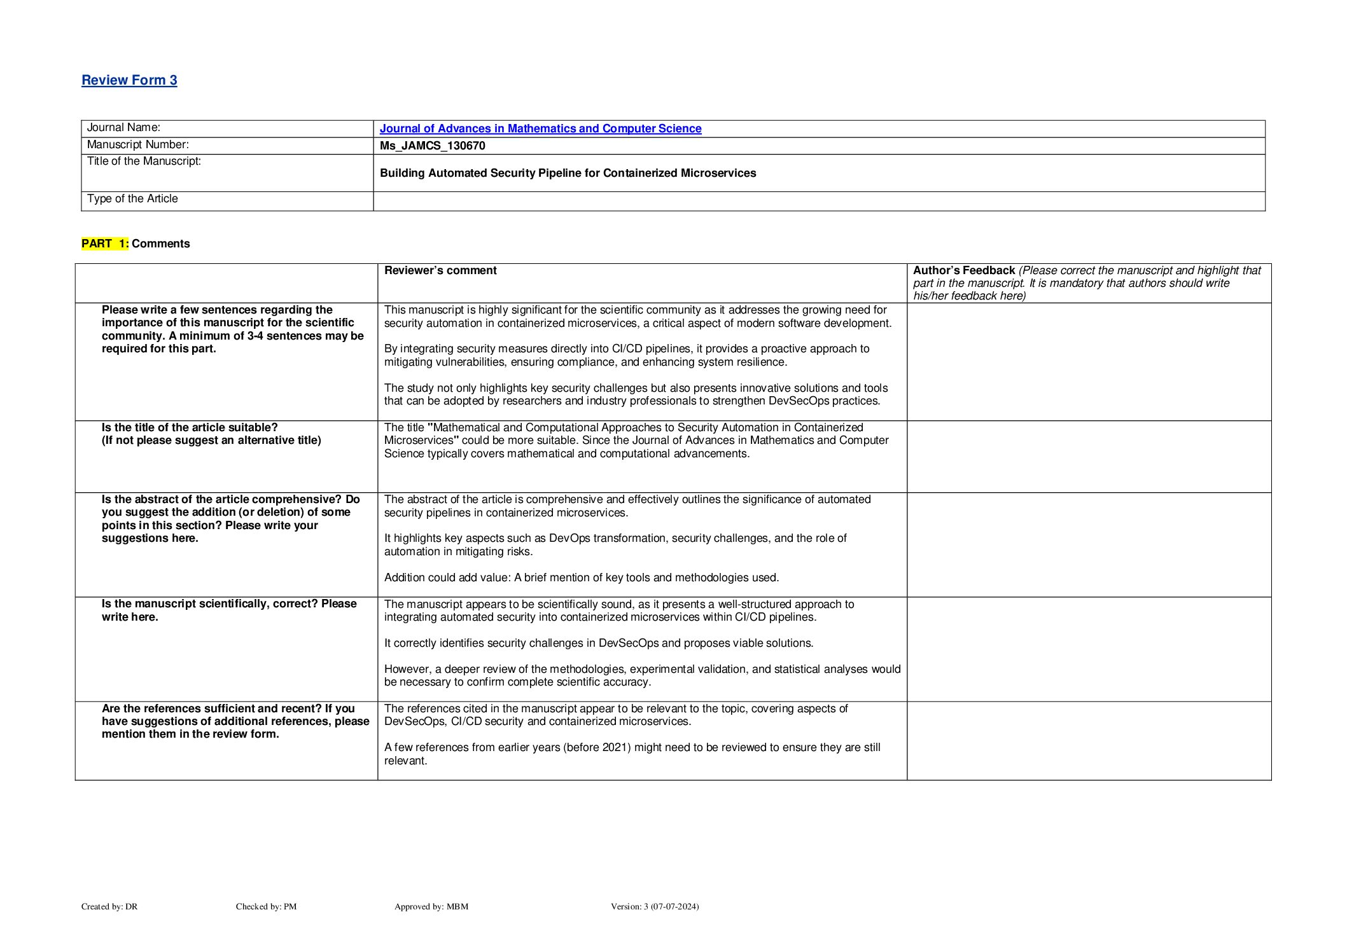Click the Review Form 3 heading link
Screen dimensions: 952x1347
click(129, 80)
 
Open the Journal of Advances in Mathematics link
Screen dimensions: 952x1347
click(540, 128)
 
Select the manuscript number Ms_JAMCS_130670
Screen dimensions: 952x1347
click(432, 146)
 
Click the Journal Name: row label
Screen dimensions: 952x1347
click(123, 128)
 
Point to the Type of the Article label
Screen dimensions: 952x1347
click(132, 198)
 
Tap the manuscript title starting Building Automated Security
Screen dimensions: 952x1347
click(568, 173)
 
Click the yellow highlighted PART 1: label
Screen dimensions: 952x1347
click(105, 244)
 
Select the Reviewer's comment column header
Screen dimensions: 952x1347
click(440, 270)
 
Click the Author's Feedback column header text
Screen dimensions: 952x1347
click(963, 271)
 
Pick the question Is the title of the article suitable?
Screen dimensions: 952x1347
click(190, 427)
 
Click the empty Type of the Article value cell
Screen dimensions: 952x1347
click(818, 201)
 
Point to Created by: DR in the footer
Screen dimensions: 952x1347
click(109, 906)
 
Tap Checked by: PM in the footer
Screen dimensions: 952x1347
click(266, 906)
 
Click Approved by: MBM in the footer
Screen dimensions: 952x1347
click(431, 906)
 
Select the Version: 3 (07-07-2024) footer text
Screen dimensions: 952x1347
click(654, 906)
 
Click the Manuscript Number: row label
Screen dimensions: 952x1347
click(137, 145)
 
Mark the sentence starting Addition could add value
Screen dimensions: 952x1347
click(581, 577)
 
